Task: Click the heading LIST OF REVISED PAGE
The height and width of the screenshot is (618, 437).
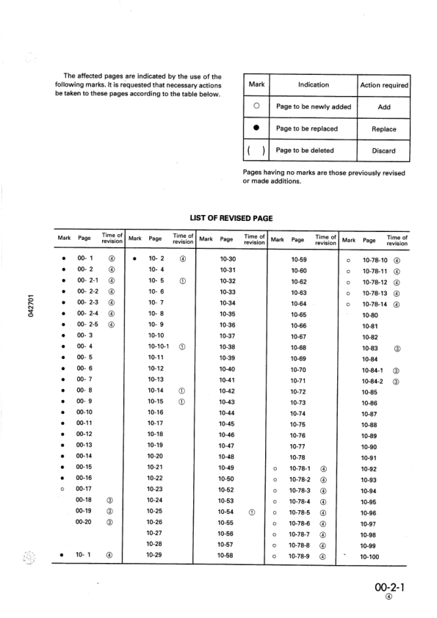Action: (x=231, y=219)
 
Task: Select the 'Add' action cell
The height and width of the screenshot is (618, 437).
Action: (x=383, y=107)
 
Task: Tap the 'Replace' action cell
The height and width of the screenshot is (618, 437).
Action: (x=383, y=129)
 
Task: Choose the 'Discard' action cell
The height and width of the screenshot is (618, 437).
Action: (x=383, y=151)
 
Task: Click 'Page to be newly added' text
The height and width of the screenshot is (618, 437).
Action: (x=313, y=107)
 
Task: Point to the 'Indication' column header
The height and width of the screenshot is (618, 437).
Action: (x=314, y=85)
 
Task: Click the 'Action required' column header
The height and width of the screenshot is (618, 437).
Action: (x=384, y=85)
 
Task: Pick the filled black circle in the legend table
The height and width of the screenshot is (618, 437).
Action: (x=256, y=129)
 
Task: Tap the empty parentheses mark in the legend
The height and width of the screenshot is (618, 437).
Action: (x=256, y=151)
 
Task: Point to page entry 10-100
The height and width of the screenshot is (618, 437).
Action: (x=369, y=557)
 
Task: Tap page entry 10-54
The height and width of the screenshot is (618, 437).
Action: (x=227, y=511)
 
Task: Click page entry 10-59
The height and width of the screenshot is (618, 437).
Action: (x=299, y=259)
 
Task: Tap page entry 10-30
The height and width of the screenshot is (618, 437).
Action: (x=227, y=259)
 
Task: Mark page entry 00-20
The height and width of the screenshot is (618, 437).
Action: (x=84, y=522)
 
